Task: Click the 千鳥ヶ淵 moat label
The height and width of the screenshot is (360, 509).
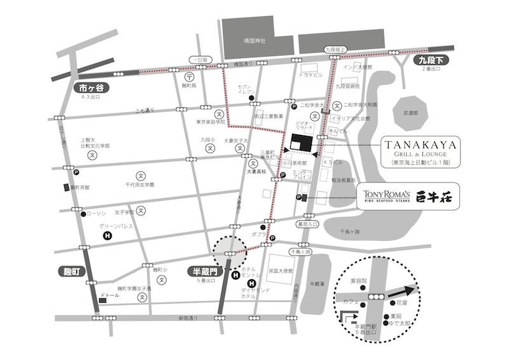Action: click(x=349, y=232)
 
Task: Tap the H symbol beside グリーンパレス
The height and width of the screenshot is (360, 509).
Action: click(x=108, y=235)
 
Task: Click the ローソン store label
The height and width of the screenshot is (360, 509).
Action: click(x=95, y=214)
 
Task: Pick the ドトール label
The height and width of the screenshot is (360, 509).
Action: click(x=111, y=296)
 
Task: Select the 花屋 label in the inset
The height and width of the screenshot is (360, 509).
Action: click(x=401, y=305)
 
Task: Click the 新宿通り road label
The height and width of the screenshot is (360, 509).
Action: click(x=189, y=317)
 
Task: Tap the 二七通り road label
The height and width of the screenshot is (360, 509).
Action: click(x=145, y=111)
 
